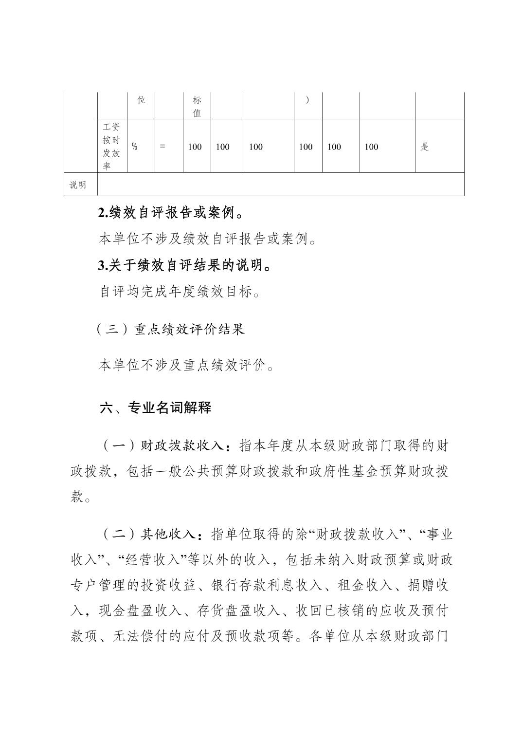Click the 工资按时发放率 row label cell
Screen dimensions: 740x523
(x=111, y=146)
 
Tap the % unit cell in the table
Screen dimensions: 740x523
(x=135, y=147)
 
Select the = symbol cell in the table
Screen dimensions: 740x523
(x=162, y=147)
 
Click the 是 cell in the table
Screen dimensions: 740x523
(x=424, y=147)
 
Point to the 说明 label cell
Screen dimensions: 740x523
(x=78, y=185)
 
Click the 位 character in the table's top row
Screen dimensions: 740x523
(x=141, y=100)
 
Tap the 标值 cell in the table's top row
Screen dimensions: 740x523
(x=197, y=107)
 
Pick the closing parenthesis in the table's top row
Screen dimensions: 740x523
(x=307, y=101)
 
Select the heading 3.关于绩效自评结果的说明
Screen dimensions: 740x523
(x=184, y=265)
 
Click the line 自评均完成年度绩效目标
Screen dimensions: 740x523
(x=180, y=292)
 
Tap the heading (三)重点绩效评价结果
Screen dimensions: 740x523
(x=171, y=330)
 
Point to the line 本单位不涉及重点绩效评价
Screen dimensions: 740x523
(x=186, y=365)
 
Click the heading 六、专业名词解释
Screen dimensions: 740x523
(x=156, y=407)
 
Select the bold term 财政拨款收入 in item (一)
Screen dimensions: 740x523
(x=182, y=445)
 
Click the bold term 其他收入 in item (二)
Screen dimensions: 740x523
(x=168, y=535)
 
